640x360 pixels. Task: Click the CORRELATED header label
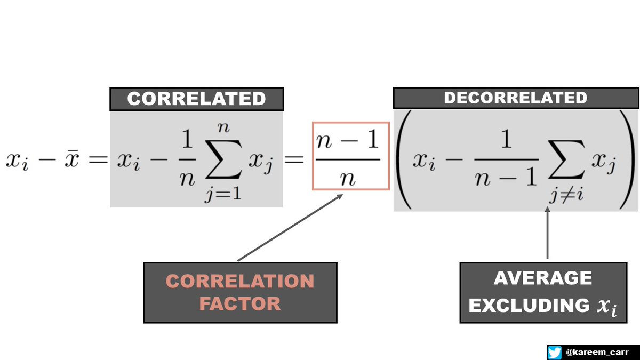pyautogui.click(x=196, y=99)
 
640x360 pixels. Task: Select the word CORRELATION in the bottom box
pyautogui.click(x=239, y=281)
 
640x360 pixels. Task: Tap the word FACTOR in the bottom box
pyautogui.click(x=239, y=303)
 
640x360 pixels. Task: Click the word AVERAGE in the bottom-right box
pyautogui.click(x=543, y=278)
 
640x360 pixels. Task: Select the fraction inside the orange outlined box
pyautogui.click(x=350, y=156)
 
